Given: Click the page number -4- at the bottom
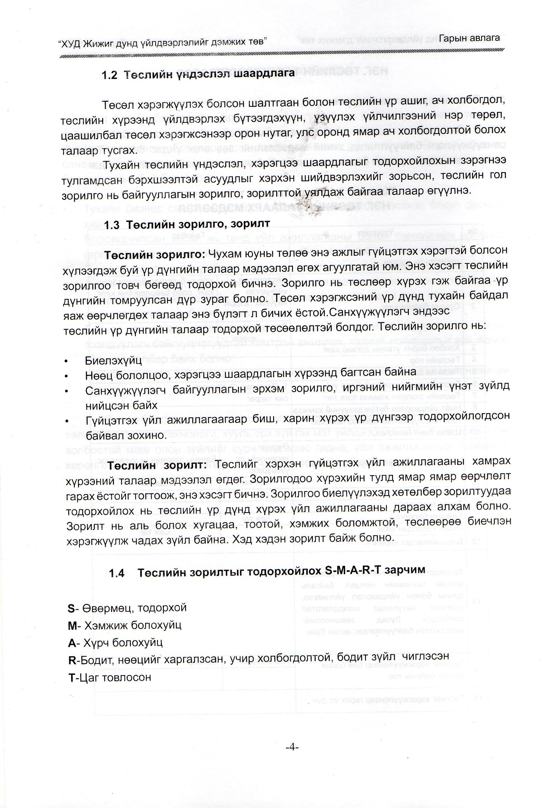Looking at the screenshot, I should coord(292,747).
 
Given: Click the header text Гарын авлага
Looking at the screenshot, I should coord(469,39).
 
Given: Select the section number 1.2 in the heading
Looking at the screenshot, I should coord(110,75).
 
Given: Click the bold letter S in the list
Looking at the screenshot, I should coord(71,608).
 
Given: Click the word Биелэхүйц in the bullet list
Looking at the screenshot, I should coord(113,360).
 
